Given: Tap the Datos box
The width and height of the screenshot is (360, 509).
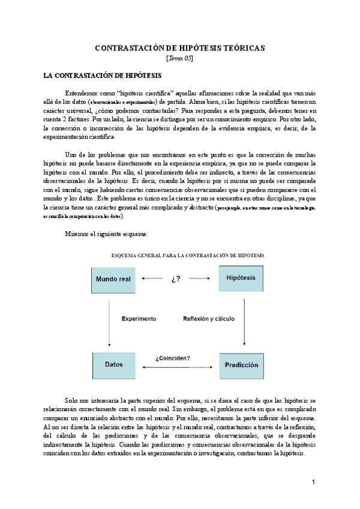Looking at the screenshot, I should (x=115, y=364).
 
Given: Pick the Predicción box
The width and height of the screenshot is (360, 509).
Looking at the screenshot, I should (x=241, y=364).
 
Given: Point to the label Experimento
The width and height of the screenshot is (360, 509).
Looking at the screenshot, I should (x=139, y=318).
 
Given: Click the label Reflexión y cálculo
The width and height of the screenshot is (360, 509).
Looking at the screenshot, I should (x=209, y=318).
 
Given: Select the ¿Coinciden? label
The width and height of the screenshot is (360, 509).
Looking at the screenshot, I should (x=173, y=358).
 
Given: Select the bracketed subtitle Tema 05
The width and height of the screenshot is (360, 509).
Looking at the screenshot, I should (x=180, y=58).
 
